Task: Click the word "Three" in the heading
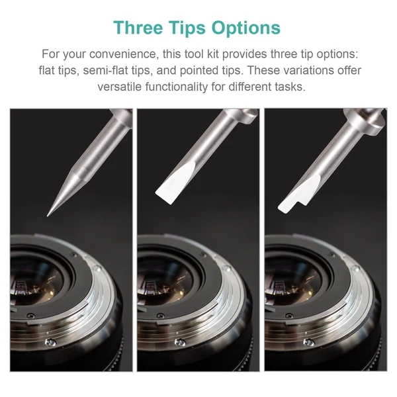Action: click(x=138, y=28)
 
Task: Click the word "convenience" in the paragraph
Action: click(x=123, y=54)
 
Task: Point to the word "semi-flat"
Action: click(x=105, y=70)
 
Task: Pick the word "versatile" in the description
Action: click(x=120, y=87)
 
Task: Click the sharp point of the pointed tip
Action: click(x=48, y=216)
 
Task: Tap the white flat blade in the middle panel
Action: click(x=175, y=183)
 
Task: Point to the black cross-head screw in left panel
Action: click(x=31, y=316)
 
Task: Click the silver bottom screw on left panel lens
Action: click(x=51, y=343)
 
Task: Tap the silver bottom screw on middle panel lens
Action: click(x=180, y=343)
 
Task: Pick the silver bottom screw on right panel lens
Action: click(x=309, y=343)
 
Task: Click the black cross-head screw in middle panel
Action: click(x=161, y=316)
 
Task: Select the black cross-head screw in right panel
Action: click(x=289, y=316)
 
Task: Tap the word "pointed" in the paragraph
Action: click(x=197, y=70)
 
